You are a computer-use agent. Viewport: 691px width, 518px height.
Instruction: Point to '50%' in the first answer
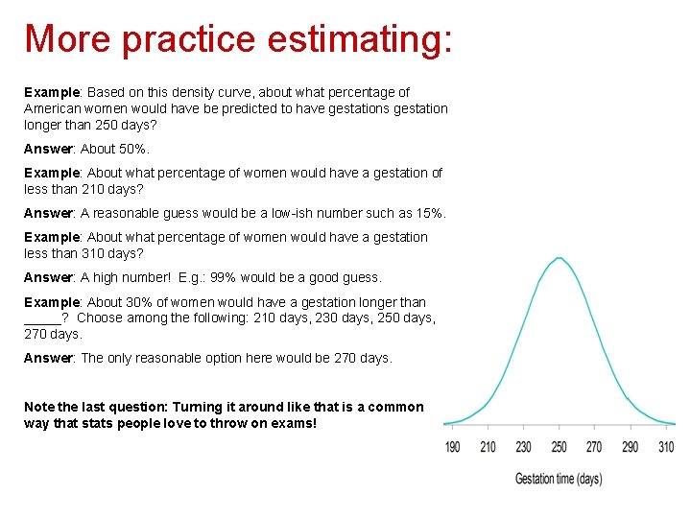(x=132, y=149)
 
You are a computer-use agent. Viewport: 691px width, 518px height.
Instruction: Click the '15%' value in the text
(x=429, y=213)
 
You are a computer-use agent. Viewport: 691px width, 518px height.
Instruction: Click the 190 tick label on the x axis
(x=453, y=447)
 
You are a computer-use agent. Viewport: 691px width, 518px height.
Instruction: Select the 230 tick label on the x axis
(x=523, y=447)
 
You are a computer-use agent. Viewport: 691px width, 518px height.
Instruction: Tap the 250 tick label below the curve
(x=559, y=447)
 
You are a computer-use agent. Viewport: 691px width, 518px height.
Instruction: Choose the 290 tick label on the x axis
(x=630, y=447)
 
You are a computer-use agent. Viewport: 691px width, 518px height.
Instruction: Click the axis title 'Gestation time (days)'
(x=559, y=478)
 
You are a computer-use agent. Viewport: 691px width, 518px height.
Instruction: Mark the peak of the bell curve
(x=559, y=258)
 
